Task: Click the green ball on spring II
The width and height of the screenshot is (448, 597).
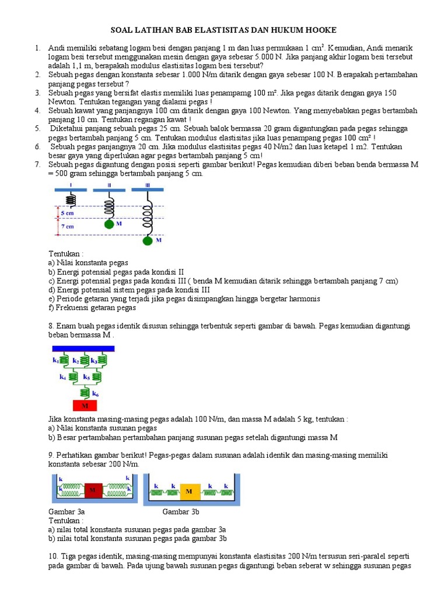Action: (x=108, y=223)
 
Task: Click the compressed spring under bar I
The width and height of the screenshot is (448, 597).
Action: (x=70, y=199)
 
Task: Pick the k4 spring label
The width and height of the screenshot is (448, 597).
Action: (x=63, y=377)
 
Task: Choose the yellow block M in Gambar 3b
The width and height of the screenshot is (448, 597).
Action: (x=189, y=491)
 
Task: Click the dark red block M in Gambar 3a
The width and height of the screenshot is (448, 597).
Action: (x=92, y=491)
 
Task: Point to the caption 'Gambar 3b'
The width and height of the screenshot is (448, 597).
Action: (x=180, y=511)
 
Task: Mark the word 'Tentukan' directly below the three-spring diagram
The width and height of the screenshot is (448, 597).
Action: (x=65, y=254)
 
